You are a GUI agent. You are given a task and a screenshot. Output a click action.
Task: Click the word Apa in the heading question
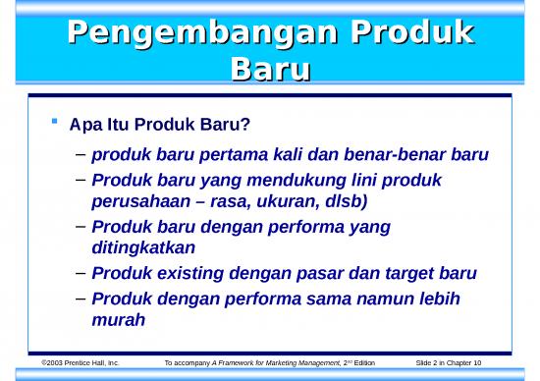click(85, 126)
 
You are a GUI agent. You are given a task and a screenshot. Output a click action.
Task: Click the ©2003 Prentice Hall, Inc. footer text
click(80, 363)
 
